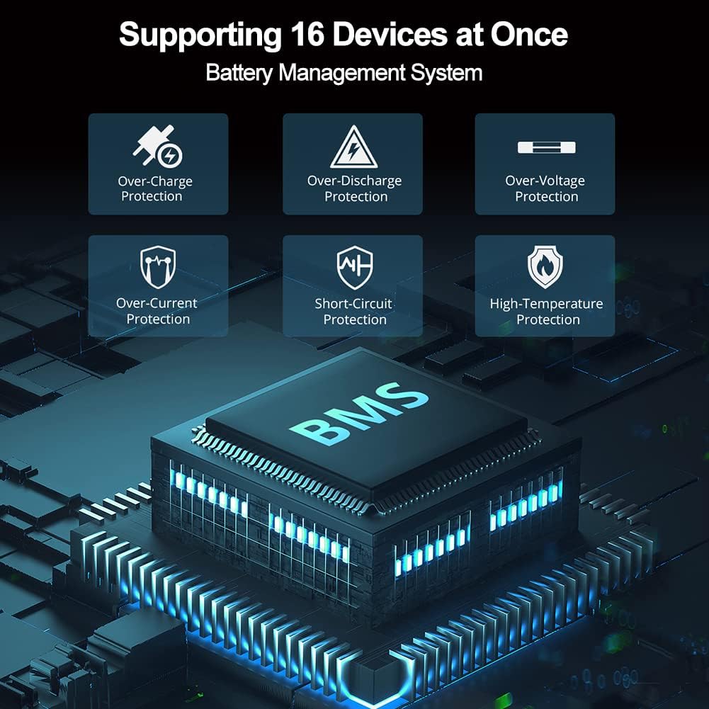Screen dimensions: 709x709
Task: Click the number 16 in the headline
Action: coord(307,35)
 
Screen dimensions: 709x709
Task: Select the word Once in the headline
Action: coord(529,35)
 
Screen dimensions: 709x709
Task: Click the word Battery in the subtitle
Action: coord(239,73)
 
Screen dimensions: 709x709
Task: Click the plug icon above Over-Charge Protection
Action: coord(157,146)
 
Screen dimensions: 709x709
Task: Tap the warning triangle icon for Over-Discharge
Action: coord(353,147)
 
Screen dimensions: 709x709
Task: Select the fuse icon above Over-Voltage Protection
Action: coord(547,147)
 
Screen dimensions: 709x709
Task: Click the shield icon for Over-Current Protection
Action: coord(158,267)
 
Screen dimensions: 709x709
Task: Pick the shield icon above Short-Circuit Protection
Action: coord(355,267)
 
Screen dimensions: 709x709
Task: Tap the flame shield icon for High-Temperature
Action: coord(545,267)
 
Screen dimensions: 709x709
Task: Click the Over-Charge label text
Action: coord(155,181)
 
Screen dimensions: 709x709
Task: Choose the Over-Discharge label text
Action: coord(354,181)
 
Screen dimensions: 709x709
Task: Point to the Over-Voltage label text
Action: coord(545,181)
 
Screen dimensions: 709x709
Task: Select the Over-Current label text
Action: coord(157,303)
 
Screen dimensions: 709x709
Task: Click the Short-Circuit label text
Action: coord(353,303)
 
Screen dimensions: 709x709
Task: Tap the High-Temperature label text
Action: coord(546,304)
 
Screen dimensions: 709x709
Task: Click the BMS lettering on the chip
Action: coord(359,413)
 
